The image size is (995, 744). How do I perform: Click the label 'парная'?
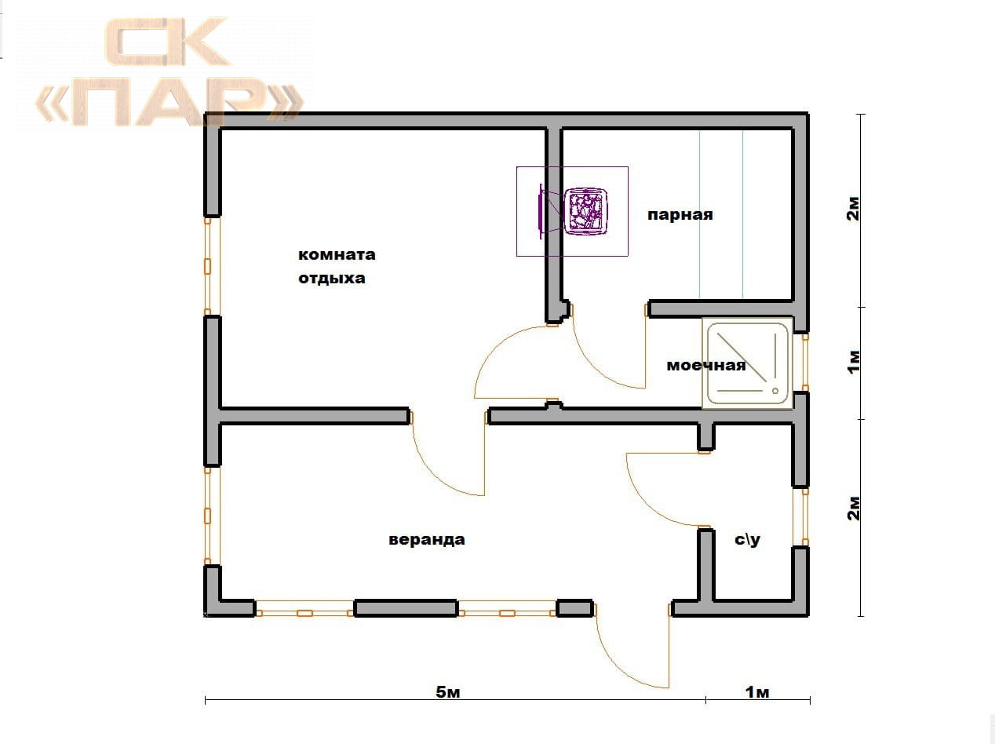pyautogui.click(x=680, y=215)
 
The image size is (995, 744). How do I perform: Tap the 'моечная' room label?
pyautogui.click(x=705, y=366)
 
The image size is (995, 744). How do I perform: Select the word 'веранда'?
pyautogui.click(x=427, y=539)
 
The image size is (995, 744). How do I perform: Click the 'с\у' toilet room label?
pyautogui.click(x=747, y=539)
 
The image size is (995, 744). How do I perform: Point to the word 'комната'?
pyautogui.click(x=337, y=255)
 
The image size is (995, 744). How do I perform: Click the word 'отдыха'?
pyautogui.click(x=332, y=279)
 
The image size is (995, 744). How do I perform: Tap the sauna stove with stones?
pyautogui.click(x=586, y=211)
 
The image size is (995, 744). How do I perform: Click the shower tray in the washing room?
pyautogui.click(x=748, y=363)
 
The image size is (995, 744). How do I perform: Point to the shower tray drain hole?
pyautogui.click(x=774, y=391)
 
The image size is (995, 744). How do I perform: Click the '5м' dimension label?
pyautogui.click(x=448, y=692)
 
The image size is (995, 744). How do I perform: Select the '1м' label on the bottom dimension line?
pyautogui.click(x=757, y=692)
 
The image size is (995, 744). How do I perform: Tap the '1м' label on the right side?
pyautogui.click(x=853, y=362)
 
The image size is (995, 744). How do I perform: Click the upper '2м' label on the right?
pyautogui.click(x=853, y=209)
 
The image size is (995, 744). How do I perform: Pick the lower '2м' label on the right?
pyautogui.click(x=853, y=509)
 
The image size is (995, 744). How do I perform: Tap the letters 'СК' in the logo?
pyautogui.click(x=167, y=42)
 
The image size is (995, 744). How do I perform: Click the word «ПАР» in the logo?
pyautogui.click(x=169, y=101)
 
